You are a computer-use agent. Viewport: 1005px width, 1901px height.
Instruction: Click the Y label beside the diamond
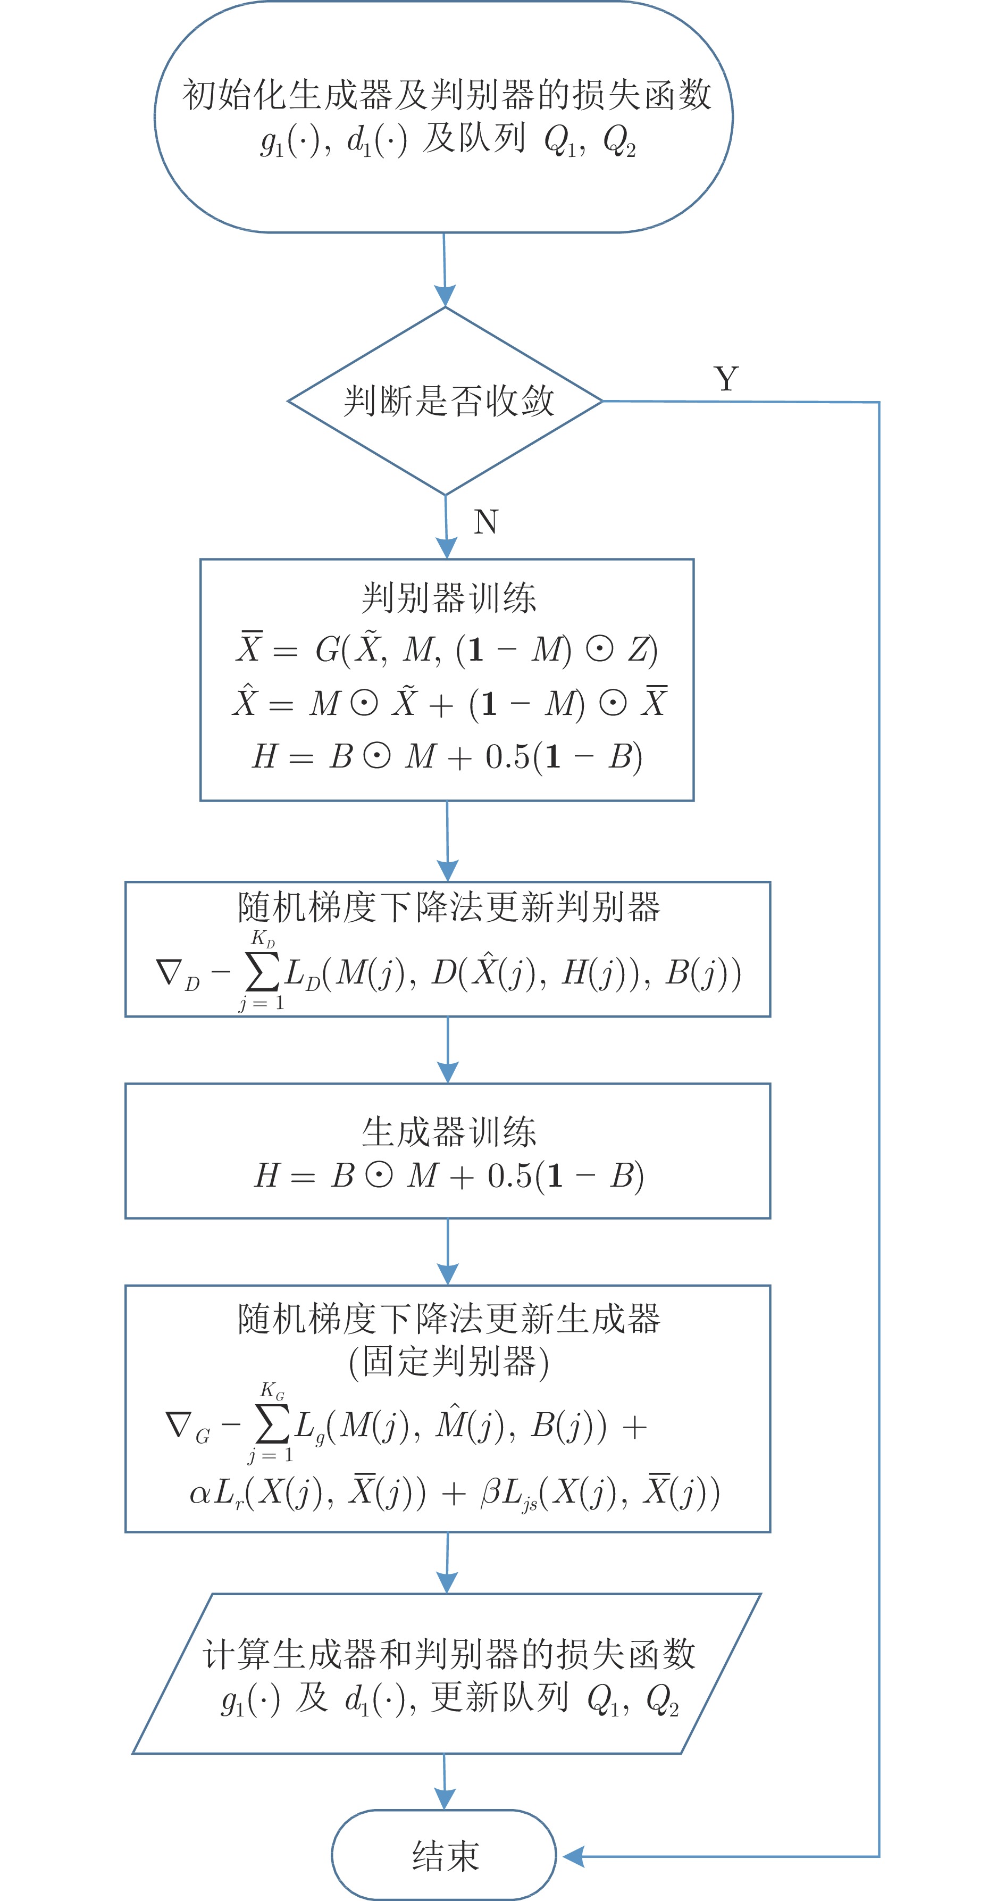point(726,379)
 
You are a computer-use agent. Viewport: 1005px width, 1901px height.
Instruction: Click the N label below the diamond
point(485,522)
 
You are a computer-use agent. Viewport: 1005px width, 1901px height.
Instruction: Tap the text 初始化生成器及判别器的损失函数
point(447,95)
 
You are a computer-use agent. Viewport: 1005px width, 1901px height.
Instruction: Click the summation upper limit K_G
point(272,1391)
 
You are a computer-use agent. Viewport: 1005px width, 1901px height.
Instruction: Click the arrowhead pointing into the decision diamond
point(445,296)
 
